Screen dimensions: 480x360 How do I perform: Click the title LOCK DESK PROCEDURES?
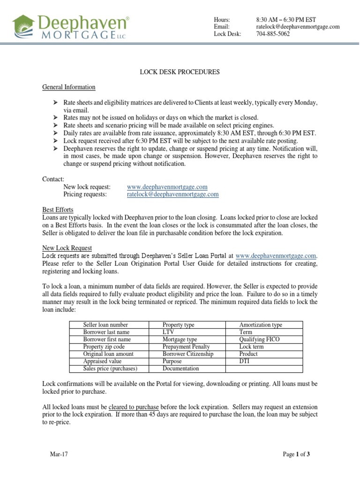click(x=180, y=72)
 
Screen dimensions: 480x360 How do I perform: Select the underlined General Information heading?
click(x=69, y=87)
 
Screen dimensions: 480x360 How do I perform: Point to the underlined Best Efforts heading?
click(x=58, y=210)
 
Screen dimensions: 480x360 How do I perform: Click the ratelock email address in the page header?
click(x=298, y=27)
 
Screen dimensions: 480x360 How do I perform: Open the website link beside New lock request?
click(x=167, y=187)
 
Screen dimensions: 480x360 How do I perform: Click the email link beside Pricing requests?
click(x=172, y=194)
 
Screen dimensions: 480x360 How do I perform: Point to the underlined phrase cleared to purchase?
click(x=134, y=407)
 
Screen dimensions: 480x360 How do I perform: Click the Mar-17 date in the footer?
click(x=59, y=454)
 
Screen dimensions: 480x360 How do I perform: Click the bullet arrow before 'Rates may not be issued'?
click(x=55, y=118)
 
